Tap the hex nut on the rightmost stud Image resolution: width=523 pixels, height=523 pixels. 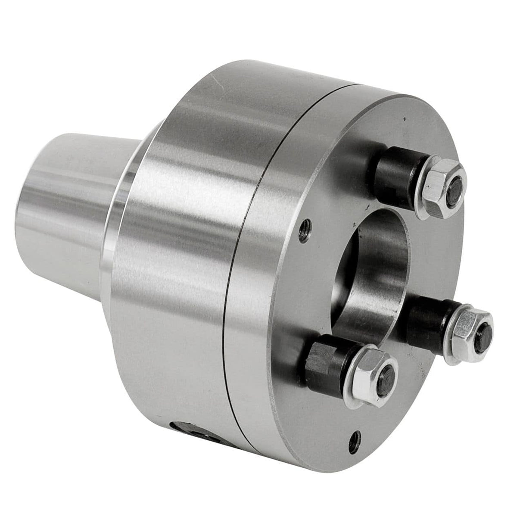(x=470, y=328)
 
